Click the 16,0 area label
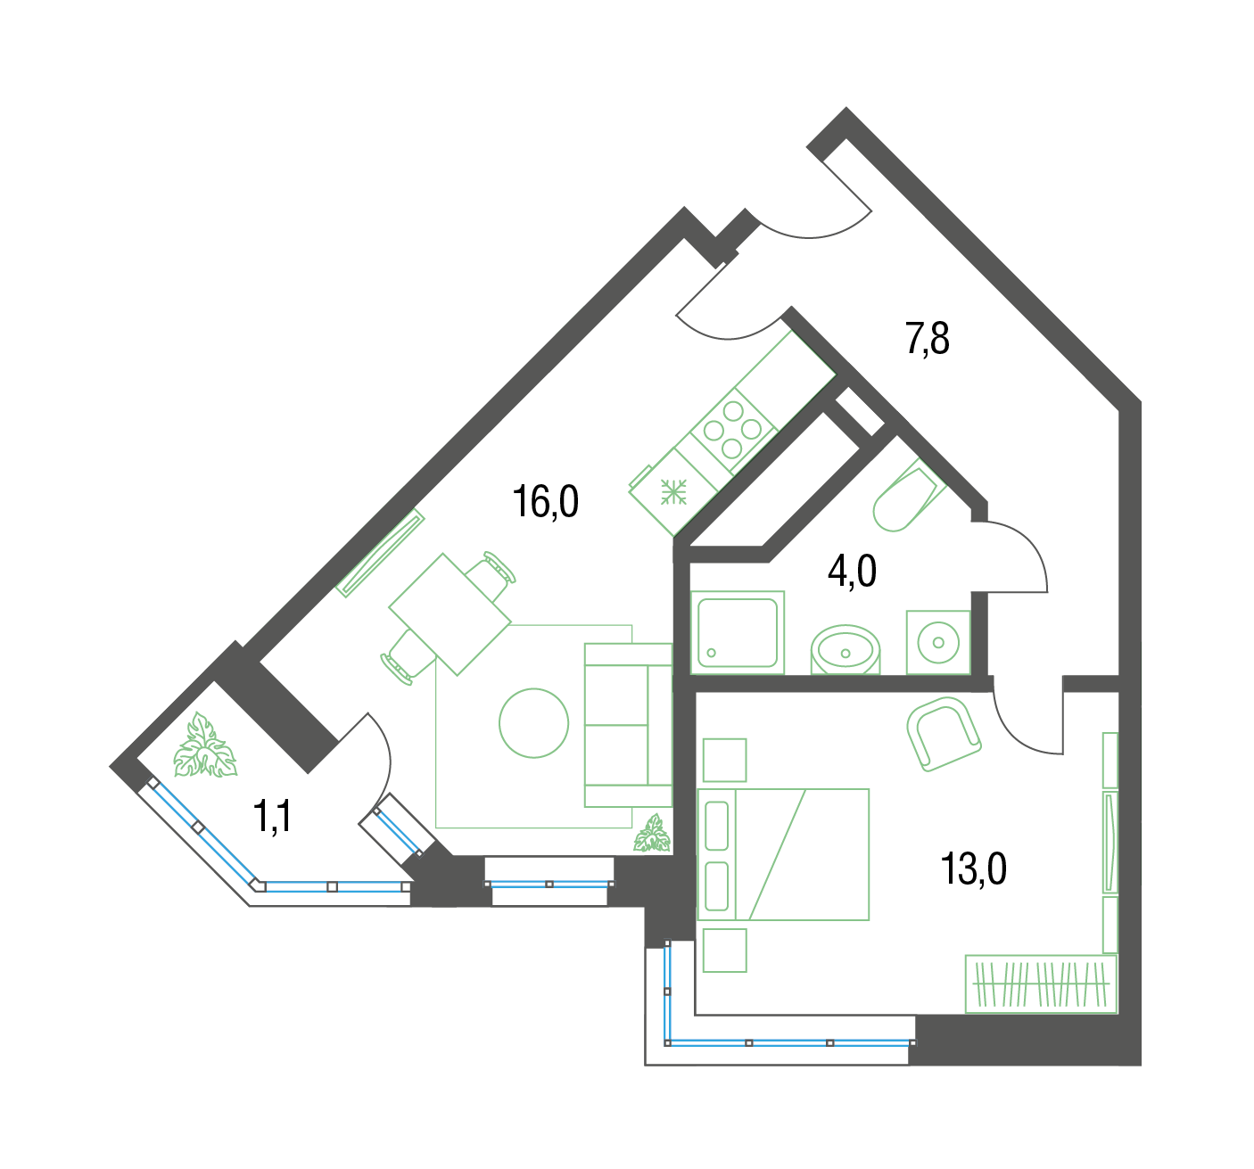click(x=546, y=502)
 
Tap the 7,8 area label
click(x=927, y=339)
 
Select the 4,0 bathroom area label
click(x=852, y=572)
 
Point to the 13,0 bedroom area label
click(x=973, y=869)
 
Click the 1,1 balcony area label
click(x=273, y=816)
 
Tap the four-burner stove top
click(x=733, y=430)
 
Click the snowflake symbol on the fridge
click(x=673, y=492)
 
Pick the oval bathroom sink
click(x=846, y=650)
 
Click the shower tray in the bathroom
click(x=738, y=633)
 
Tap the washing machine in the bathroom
click(x=938, y=642)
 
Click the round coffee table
click(x=533, y=723)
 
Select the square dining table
click(x=450, y=614)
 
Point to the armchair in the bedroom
click(x=944, y=734)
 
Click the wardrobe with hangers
click(x=1041, y=984)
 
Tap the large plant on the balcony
click(x=205, y=745)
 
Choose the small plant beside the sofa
click(x=652, y=833)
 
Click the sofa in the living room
click(x=628, y=725)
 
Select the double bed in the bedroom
click(x=783, y=854)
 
